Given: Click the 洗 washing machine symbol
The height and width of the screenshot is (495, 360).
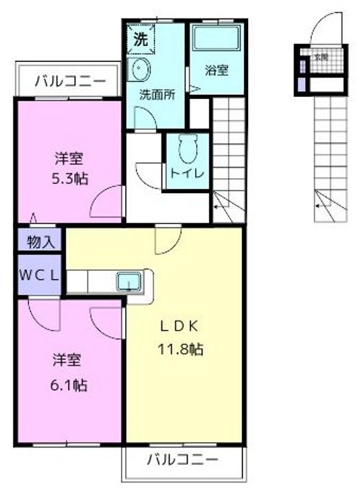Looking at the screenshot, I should point(139,39).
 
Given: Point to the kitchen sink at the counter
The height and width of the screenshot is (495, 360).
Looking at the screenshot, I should point(128,280).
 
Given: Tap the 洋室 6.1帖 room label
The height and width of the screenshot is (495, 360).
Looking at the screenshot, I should point(69,372).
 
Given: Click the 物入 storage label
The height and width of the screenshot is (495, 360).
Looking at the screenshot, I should point(41,242).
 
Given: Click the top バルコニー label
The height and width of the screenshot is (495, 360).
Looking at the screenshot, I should point(71,81).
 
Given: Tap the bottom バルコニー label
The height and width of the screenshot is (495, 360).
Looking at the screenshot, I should point(183,458).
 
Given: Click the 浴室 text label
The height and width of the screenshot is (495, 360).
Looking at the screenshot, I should point(217,70).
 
